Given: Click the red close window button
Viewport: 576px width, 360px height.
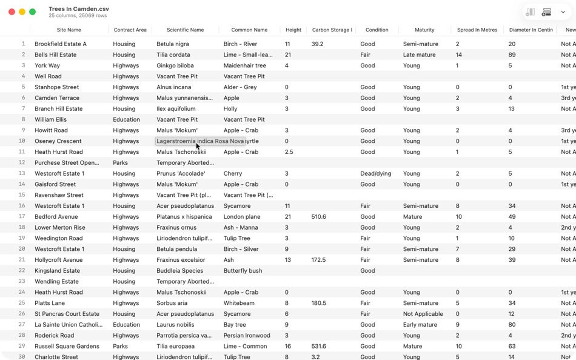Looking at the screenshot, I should click(12, 12).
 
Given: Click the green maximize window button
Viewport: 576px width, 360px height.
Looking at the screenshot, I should click(33, 12).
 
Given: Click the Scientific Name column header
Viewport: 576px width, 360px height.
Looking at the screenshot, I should click(185, 30).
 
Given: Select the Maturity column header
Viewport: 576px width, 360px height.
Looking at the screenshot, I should click(424, 30).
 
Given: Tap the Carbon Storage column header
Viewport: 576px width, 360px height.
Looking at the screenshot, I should click(332, 30).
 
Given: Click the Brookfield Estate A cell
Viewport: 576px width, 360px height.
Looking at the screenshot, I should click(61, 44).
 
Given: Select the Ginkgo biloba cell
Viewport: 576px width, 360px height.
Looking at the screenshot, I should click(175, 65).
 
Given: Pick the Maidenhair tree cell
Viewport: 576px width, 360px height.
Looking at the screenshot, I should click(244, 65).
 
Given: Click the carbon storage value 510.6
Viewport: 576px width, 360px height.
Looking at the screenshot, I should click(318, 217).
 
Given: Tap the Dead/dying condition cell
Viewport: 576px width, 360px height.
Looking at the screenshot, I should click(376, 173).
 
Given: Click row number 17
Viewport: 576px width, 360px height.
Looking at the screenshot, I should click(22, 217).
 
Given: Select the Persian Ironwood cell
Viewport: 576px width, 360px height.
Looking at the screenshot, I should click(247, 336).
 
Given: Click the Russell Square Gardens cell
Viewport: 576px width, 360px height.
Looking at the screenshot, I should click(67, 347).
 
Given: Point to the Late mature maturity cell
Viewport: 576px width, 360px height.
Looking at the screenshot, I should click(419, 55).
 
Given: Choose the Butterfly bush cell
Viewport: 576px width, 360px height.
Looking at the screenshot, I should click(243, 271).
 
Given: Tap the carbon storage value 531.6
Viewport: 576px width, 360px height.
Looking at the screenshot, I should click(318, 347).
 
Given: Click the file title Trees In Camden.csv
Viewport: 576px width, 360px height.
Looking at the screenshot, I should click(79, 9).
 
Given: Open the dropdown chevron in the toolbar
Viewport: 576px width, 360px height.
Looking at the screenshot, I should click(563, 12).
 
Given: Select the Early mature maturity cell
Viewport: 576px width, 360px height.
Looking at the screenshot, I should click(420, 325).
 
